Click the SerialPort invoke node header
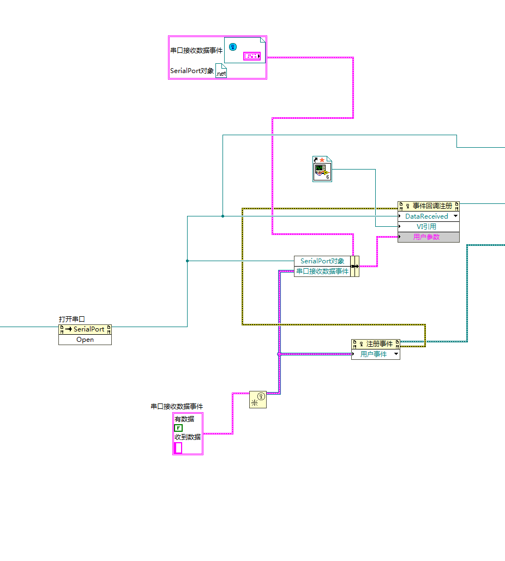pyautogui.click(x=85, y=329)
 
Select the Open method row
pyautogui.click(x=85, y=340)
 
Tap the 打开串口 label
pyautogui.click(x=71, y=319)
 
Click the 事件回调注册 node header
pyautogui.click(x=429, y=206)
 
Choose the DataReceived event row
pyautogui.click(x=429, y=216)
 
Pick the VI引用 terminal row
pyautogui.click(x=429, y=226)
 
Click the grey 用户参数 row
pyautogui.click(x=429, y=237)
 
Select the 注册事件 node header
pyautogui.click(x=375, y=344)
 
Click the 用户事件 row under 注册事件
pyautogui.click(x=375, y=354)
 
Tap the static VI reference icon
pyautogui.click(x=322, y=169)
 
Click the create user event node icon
pyautogui.click(x=258, y=399)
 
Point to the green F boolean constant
pyautogui.click(x=178, y=428)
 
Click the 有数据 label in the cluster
pyautogui.click(x=184, y=419)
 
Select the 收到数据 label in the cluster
pyautogui.click(x=188, y=437)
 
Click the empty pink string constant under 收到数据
pyautogui.click(x=178, y=448)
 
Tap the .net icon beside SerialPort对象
pyautogui.click(x=221, y=70)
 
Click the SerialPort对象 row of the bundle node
pyautogui.click(x=322, y=261)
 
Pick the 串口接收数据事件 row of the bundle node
pyautogui.click(x=322, y=271)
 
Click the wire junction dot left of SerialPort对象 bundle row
pyautogui.click(x=187, y=261)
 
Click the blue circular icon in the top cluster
pyautogui.click(x=233, y=47)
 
